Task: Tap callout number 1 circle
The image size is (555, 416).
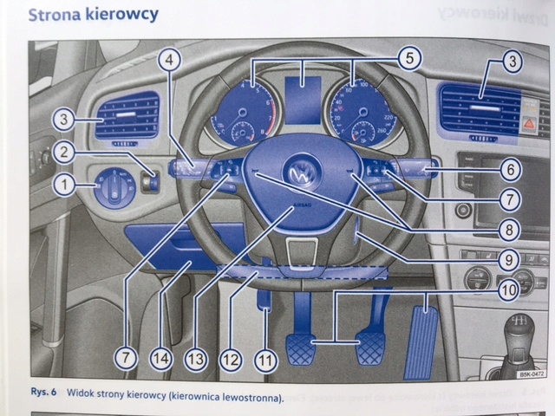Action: point(62,183)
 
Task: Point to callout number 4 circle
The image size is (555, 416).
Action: point(172,60)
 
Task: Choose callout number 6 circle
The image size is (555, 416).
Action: point(509,170)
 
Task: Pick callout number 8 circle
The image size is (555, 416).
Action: point(509,230)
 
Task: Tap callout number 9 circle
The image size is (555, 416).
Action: point(509,258)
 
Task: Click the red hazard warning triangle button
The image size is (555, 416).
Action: point(527,124)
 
